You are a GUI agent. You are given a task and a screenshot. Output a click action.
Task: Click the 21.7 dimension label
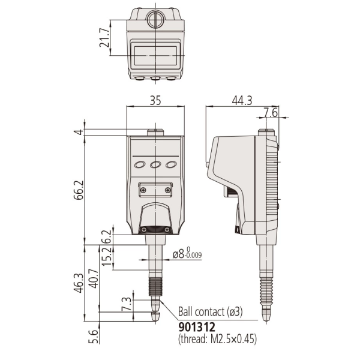[x=104, y=38]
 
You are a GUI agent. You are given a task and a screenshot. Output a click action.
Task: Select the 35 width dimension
[x=155, y=102]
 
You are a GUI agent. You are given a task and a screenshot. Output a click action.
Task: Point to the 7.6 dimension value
[x=271, y=113]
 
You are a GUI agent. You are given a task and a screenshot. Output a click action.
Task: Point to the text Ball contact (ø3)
[x=209, y=312]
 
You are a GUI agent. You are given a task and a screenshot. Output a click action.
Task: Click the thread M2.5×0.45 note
[x=217, y=339]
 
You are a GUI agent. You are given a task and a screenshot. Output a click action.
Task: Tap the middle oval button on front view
[x=155, y=165]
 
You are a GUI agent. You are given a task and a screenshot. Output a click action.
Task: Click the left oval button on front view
[x=140, y=165]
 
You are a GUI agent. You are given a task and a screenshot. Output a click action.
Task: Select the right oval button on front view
[x=171, y=165]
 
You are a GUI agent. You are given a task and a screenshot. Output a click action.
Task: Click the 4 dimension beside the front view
[x=77, y=132]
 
